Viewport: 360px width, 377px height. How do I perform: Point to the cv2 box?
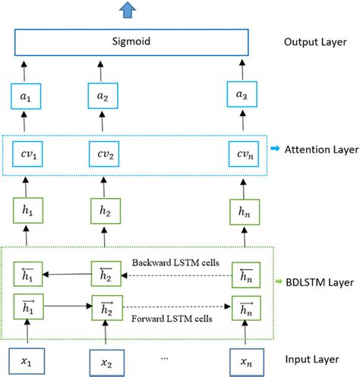point(103,156)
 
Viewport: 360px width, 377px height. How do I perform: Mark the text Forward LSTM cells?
point(172,319)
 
